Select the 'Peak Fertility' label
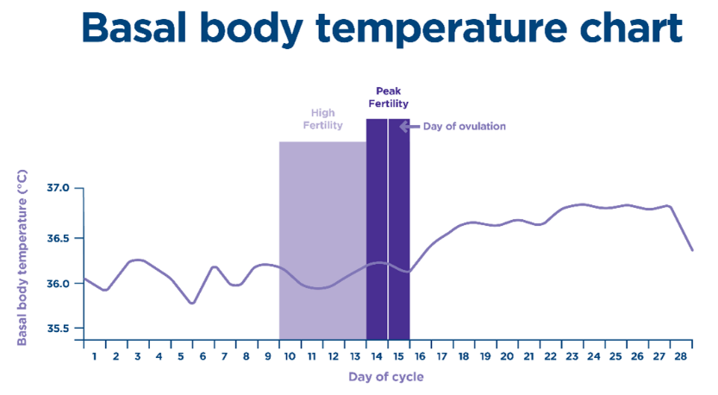(x=388, y=97)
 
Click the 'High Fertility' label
(x=322, y=119)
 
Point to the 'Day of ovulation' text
(x=464, y=127)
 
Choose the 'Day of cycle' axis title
(x=386, y=377)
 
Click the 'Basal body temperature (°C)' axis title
(x=22, y=256)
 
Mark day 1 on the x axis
(x=94, y=355)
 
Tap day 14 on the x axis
(x=378, y=355)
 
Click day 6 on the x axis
(x=203, y=355)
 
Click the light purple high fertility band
(x=322, y=216)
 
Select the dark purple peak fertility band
(x=377, y=216)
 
